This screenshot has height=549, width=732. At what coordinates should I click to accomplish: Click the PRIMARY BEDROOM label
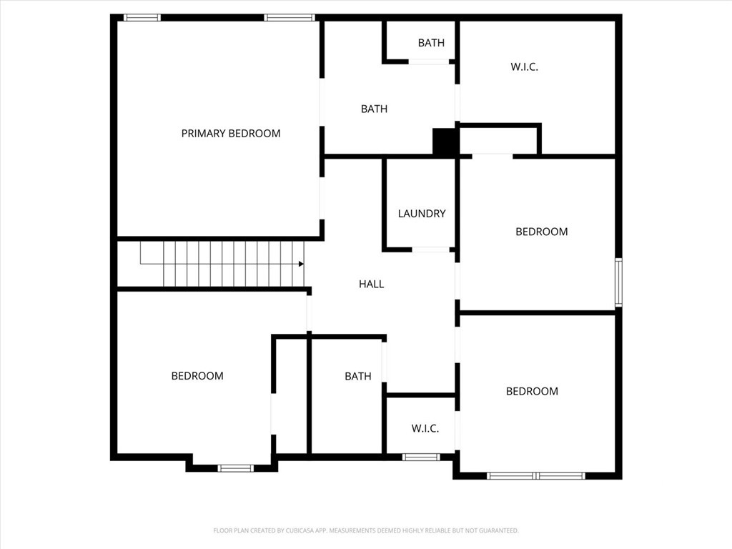231,134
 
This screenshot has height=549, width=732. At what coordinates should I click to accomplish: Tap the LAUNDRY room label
422,213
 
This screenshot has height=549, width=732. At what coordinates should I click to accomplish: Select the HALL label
372,284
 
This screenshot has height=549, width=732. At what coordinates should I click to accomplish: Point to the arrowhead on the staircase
301,264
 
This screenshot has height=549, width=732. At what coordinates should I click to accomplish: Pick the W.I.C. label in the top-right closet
524,66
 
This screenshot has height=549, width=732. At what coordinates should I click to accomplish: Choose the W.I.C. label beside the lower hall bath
425,428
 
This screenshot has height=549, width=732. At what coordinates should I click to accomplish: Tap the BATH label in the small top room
431,43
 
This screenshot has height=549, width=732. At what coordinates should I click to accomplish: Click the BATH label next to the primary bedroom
374,109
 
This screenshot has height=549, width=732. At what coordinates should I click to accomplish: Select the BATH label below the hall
358,376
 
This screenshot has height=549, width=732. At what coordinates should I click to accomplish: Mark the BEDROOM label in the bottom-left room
197,376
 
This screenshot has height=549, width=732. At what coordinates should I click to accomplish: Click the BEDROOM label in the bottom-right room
532,391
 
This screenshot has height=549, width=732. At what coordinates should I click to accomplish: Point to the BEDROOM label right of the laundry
542,232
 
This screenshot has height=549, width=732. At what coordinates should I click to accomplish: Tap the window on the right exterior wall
618,282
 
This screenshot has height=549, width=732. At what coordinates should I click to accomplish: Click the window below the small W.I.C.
420,457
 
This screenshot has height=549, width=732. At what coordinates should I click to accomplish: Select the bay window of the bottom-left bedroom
236,468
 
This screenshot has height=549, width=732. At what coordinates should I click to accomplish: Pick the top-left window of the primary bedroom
142,18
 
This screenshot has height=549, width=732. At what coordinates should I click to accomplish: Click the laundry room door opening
430,249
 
